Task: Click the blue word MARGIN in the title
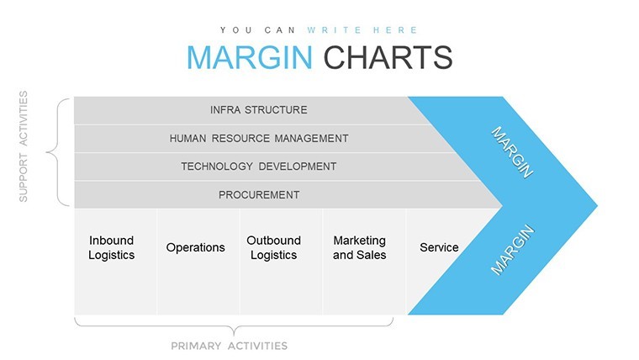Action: pos(250,57)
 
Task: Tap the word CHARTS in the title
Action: pos(388,57)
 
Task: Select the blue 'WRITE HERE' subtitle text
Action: pos(362,30)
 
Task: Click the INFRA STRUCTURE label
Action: pos(259,110)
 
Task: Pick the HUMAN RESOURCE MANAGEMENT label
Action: pos(259,139)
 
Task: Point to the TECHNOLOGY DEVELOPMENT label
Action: pos(259,167)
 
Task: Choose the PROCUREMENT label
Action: pos(259,195)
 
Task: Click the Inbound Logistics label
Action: pos(111,247)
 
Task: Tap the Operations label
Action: pos(195,247)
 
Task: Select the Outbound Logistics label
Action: pos(273,247)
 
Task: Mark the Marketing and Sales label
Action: pos(360,247)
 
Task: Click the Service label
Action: pos(439,247)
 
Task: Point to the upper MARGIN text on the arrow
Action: pos(512,152)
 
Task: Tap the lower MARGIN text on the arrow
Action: pos(512,250)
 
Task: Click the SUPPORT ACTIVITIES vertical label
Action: pos(24,146)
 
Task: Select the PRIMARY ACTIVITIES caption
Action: pos(229,347)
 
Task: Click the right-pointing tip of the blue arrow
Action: pos(598,206)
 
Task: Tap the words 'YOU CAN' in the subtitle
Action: pos(257,30)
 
